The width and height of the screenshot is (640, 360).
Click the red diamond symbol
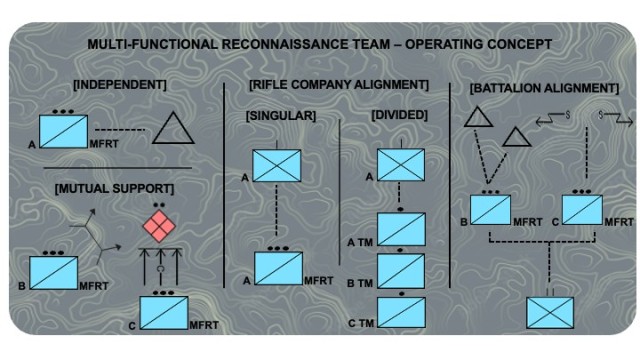pyautogui.click(x=158, y=225)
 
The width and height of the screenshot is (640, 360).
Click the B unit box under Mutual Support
pyautogui.click(x=53, y=274)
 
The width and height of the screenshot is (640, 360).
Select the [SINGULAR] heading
pyautogui.click(x=281, y=117)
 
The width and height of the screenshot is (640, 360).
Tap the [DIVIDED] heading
pyautogui.click(x=400, y=117)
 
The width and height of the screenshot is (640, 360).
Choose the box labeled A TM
pyautogui.click(x=401, y=229)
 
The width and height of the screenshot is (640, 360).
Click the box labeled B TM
pyautogui.click(x=401, y=270)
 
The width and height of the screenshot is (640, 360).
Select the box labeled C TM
pyautogui.click(x=401, y=312)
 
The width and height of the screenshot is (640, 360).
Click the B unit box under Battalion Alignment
pyautogui.click(x=491, y=210)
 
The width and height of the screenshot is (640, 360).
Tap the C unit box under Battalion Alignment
pyautogui.click(x=581, y=210)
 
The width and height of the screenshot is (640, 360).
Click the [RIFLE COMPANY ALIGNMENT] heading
pyautogui.click(x=338, y=85)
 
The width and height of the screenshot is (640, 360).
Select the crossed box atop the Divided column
pyautogui.click(x=401, y=164)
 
